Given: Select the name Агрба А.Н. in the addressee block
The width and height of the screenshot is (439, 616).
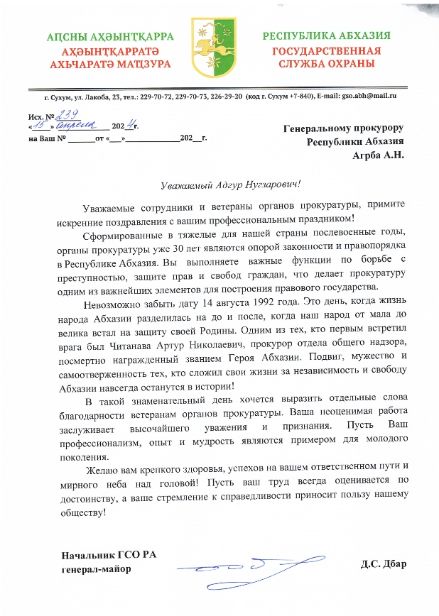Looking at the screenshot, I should click(x=378, y=155).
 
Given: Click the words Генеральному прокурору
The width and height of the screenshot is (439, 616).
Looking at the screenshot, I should click(x=343, y=128).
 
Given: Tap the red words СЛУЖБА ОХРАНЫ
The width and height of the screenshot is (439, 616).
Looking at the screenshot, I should click(x=326, y=64).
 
